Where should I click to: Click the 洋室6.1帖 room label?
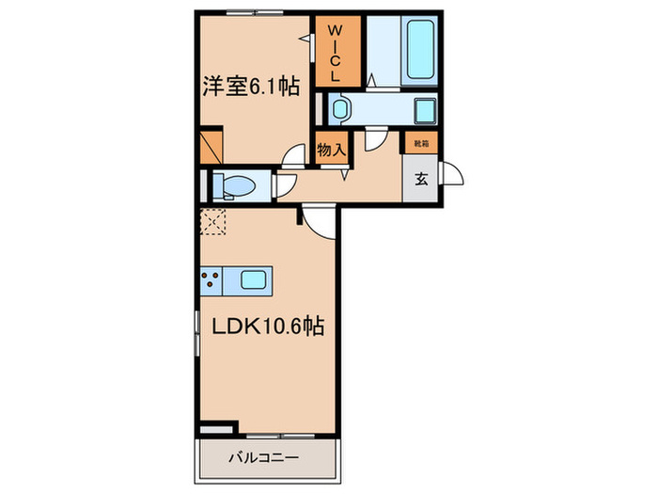pos(251,88)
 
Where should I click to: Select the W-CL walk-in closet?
pos(337,53)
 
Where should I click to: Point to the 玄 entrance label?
pos(421,182)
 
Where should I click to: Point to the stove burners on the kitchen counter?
pos(211,279)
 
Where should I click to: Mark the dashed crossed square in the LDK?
pos(211,222)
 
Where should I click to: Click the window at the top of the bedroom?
pos(256,13)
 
